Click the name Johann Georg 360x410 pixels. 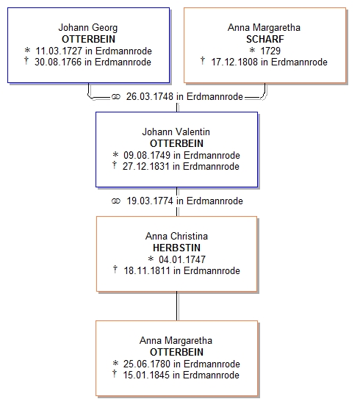pyautogui.click(x=88, y=28)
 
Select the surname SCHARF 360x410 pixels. pyautogui.click(x=264, y=39)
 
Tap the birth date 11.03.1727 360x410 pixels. pyautogui.click(x=59, y=51)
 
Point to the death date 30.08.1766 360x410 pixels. pyautogui.click(x=58, y=62)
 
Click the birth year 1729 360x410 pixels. pyautogui.click(x=270, y=51)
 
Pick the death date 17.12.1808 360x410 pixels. pyautogui.click(x=234, y=62)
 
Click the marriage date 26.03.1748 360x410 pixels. pyautogui.click(x=150, y=97)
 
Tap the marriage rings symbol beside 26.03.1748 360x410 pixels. pyautogui.click(x=116, y=97)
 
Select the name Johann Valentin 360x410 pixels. pyautogui.click(x=176, y=132)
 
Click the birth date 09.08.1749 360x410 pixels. pyautogui.click(x=147, y=155)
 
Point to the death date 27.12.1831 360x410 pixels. pyautogui.click(x=146, y=167)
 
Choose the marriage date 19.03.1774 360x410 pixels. pyautogui.click(x=150, y=201)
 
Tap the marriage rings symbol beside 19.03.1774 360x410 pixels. pyautogui.click(x=116, y=201)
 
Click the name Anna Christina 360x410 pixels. pyautogui.click(x=176, y=236)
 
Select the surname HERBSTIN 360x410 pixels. pyautogui.click(x=176, y=248)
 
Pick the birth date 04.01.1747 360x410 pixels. pyautogui.click(x=182, y=259)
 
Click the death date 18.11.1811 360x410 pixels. pyautogui.click(x=147, y=271)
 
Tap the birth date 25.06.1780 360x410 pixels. pyautogui.click(x=147, y=364)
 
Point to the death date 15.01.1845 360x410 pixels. pyautogui.click(x=146, y=375)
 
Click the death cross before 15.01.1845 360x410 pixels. pyautogui.click(x=115, y=374)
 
